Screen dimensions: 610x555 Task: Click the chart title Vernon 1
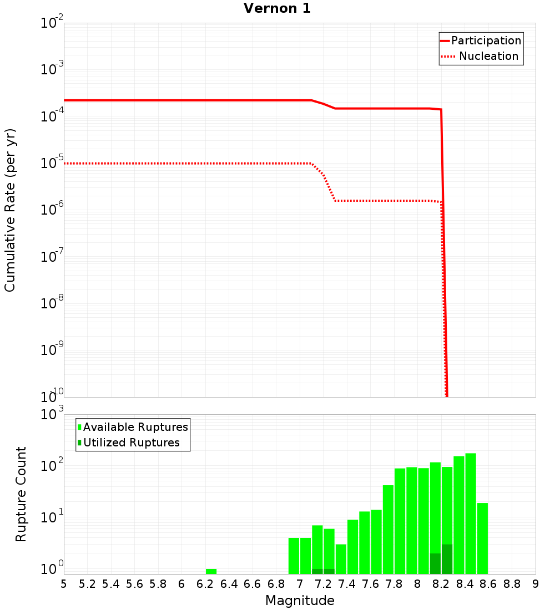(x=277, y=8)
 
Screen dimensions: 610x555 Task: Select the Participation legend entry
(x=486, y=40)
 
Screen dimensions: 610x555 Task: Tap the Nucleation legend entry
(x=488, y=56)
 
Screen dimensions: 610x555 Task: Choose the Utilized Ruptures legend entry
(x=131, y=443)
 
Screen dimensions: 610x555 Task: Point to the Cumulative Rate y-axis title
(x=10, y=210)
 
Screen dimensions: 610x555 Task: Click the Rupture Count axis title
(x=21, y=494)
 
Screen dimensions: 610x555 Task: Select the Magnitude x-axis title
(x=300, y=601)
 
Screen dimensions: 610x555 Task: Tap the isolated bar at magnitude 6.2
(x=211, y=571)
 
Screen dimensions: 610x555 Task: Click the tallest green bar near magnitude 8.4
(x=471, y=513)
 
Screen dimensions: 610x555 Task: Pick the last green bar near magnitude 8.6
(x=482, y=538)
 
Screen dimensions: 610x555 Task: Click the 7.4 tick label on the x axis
(x=347, y=584)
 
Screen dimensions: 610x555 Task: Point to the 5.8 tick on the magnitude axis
(x=158, y=584)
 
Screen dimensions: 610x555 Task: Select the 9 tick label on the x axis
(x=536, y=584)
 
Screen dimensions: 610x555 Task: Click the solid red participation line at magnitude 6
(x=181, y=100)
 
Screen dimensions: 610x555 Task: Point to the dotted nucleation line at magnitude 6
(x=181, y=164)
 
